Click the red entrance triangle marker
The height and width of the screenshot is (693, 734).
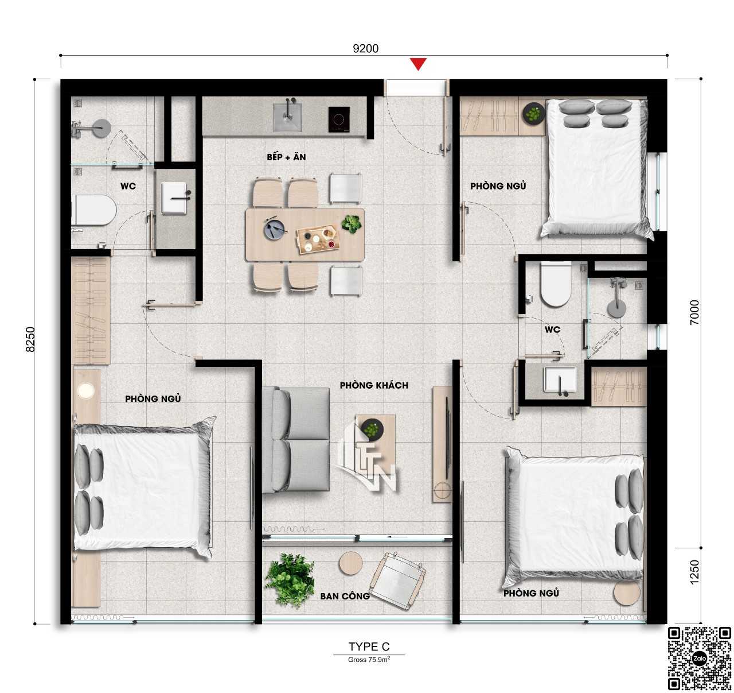pos(419,63)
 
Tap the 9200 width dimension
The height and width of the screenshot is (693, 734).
pos(365,48)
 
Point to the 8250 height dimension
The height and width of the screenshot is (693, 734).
pos(30,339)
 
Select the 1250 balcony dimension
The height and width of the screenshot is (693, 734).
pos(694,572)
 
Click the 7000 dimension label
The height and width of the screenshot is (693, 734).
pos(694,312)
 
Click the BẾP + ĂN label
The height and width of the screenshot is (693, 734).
pos(286,157)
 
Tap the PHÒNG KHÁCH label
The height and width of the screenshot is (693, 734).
pos(374,385)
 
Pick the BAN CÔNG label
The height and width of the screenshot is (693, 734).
pos(345,597)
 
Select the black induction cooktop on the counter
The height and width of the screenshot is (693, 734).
pos(339,119)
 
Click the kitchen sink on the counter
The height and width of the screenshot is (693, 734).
pos(287,117)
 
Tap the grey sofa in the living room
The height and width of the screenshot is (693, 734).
pos(295,439)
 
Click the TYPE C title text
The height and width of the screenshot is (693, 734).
pos(369,646)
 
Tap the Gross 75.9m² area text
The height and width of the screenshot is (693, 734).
pos(369,660)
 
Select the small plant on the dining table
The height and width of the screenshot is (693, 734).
pos(351,224)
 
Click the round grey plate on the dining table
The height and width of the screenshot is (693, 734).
pos(275,229)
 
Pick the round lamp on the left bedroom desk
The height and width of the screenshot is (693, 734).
pos(86,390)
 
